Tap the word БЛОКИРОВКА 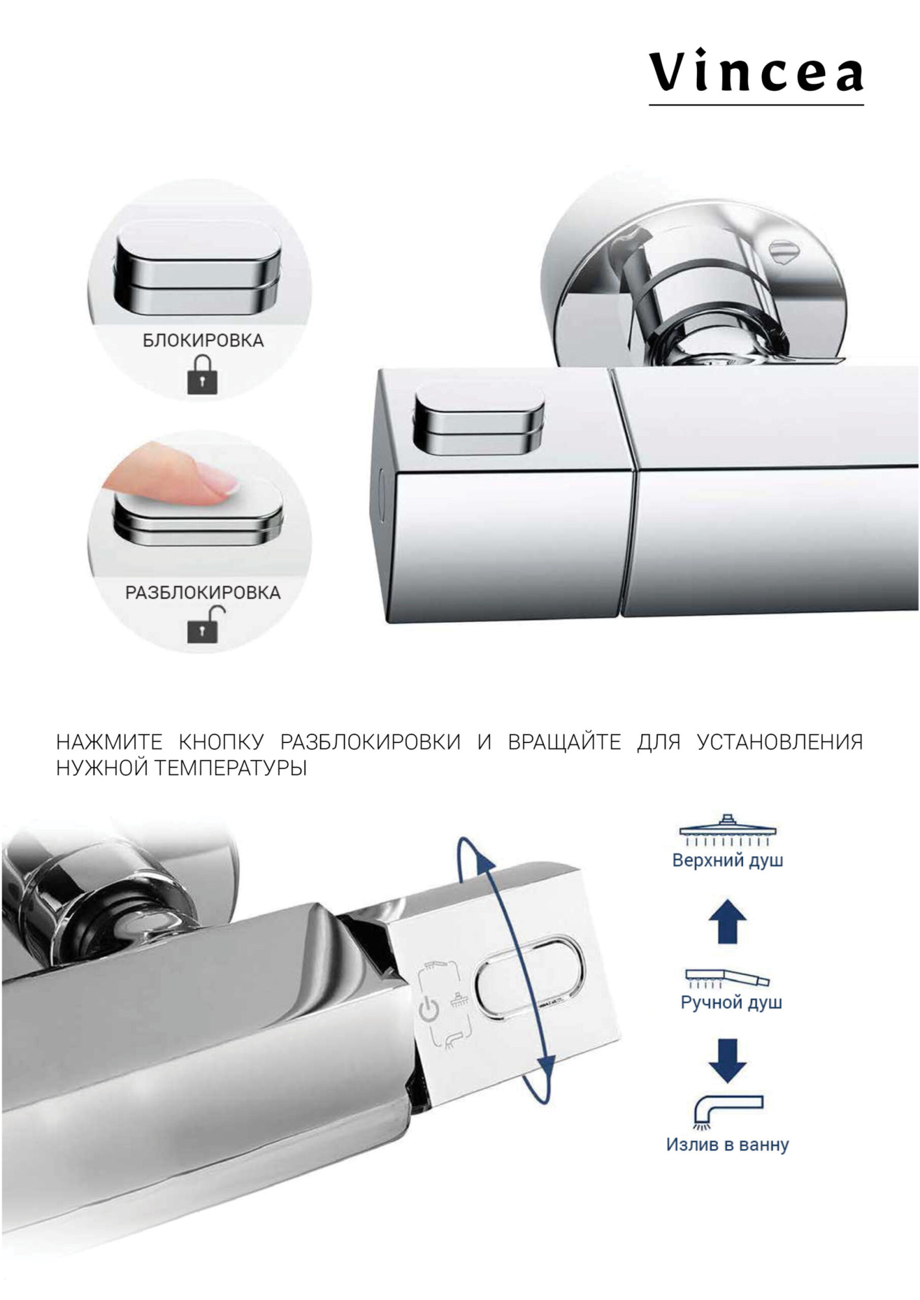[x=203, y=341]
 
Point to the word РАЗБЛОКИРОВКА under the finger [x=203, y=593]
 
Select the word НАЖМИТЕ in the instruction [x=109, y=742]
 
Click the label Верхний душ [x=728, y=861]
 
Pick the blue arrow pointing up [x=728, y=921]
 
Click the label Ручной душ [x=731, y=1002]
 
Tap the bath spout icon [x=728, y=1112]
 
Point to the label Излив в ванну [x=728, y=1145]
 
